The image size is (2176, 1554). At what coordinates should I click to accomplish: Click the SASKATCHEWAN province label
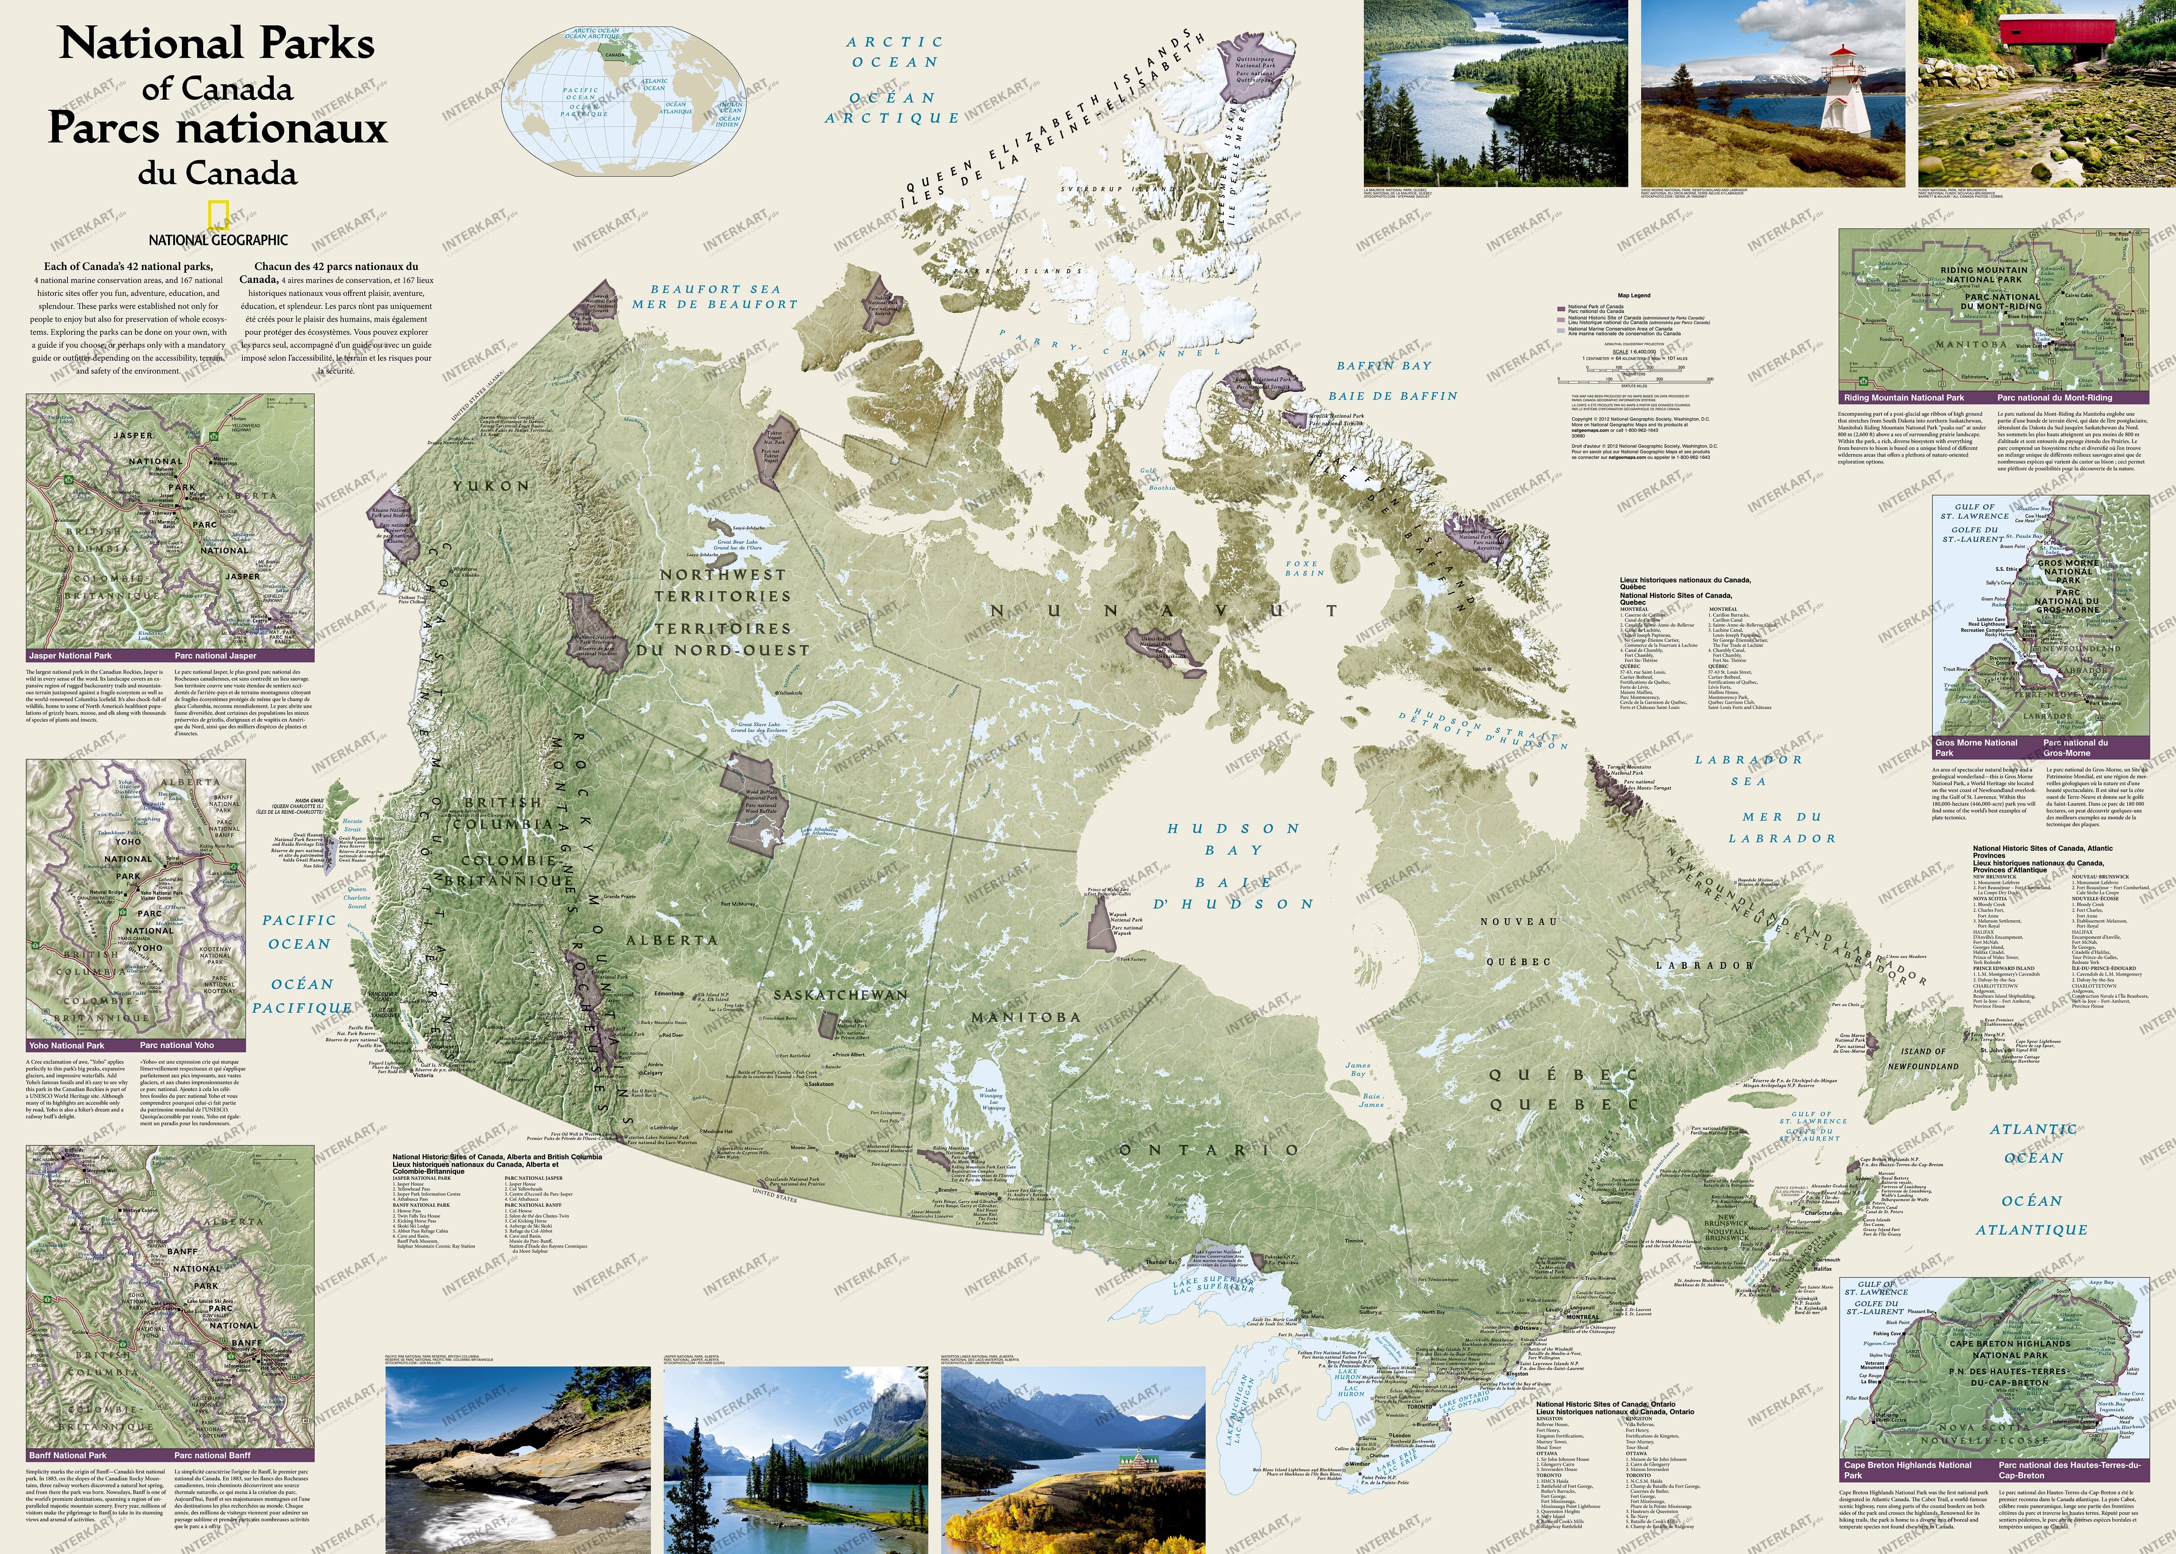pyautogui.click(x=840, y=995)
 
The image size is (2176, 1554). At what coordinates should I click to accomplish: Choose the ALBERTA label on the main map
pyautogui.click(x=672, y=941)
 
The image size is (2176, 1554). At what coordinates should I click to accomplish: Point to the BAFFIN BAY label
pyautogui.click(x=1384, y=366)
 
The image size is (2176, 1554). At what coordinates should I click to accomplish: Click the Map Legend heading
pyautogui.click(x=1633, y=295)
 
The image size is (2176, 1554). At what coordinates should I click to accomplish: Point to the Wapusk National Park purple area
pyautogui.click(x=1101, y=925)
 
